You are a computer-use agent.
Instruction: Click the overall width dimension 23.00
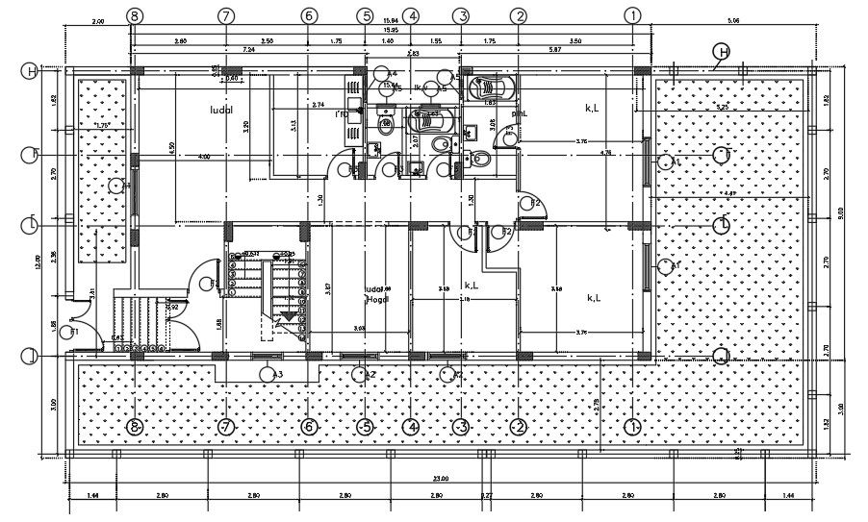[442, 478]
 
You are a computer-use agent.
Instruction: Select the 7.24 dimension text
[248, 48]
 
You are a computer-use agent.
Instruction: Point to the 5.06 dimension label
[733, 20]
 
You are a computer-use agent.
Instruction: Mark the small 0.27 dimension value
[487, 495]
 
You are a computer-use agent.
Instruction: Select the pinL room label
[520, 112]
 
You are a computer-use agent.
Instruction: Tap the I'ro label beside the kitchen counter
[342, 113]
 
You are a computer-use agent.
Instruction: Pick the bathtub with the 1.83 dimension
[490, 89]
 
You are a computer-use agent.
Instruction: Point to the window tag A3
[275, 374]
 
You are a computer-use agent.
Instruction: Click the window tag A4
[390, 74]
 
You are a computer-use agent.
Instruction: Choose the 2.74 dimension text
[319, 104]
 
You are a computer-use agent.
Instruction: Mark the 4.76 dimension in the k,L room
[606, 153]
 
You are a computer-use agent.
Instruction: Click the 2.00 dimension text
[97, 20]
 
